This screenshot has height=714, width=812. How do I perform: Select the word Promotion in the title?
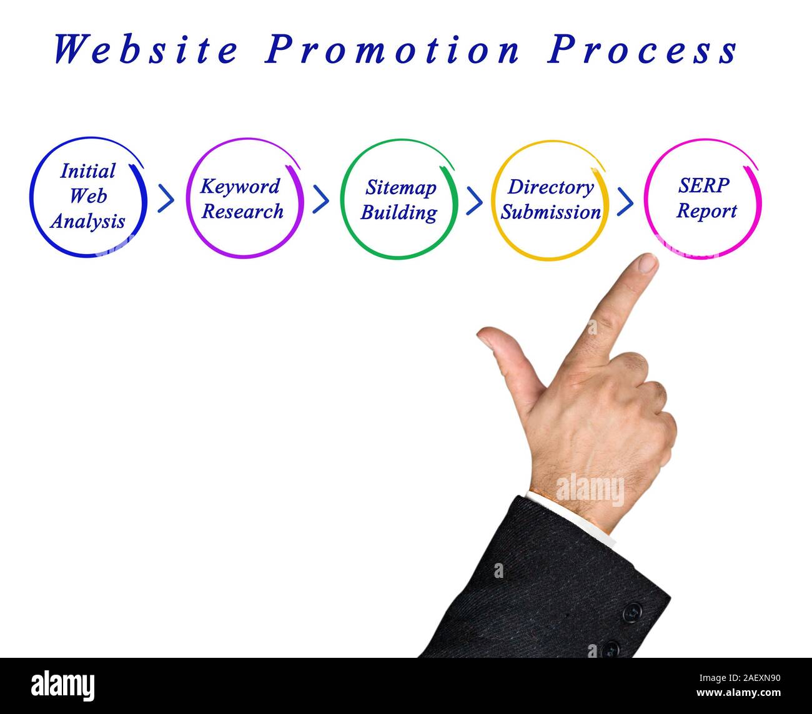[392, 49]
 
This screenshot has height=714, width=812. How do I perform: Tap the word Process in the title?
[643, 49]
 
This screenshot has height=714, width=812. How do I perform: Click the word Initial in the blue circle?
[88, 171]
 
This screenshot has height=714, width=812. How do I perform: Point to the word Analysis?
[88, 221]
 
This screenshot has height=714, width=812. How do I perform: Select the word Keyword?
[240, 187]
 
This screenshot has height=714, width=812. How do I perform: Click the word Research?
[242, 212]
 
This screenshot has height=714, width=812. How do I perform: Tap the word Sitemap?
[400, 187]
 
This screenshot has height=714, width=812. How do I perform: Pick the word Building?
[399, 212]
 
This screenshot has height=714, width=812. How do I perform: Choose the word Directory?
[550, 187]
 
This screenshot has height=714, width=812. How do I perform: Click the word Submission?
[550, 212]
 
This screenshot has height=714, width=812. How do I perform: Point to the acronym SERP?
[703, 185]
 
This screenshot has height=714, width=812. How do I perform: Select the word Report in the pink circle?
[706, 211]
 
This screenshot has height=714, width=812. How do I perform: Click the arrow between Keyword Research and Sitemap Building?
[320, 199]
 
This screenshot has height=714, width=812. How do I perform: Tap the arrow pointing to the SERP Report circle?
[625, 200]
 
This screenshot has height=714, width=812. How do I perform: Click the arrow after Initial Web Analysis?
[166, 198]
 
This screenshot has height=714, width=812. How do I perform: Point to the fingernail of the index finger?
[648, 265]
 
